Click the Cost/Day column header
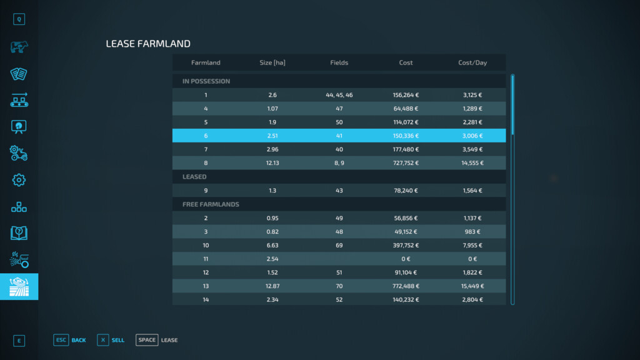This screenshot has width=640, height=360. coord(472,62)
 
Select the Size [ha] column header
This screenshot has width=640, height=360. coord(272,62)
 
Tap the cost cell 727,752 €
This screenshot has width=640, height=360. coord(406,163)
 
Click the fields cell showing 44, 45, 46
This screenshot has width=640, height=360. coord(339,95)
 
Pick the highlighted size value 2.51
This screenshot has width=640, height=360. coord(272,136)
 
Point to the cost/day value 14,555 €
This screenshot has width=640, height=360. coord(472,163)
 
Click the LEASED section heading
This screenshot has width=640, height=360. coord(194,177)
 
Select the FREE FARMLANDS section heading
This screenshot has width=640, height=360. coord(211,204)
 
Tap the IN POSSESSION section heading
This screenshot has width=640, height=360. coord(206,81)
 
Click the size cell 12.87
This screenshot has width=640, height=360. coord(272,286)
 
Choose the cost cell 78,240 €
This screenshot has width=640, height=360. coord(406,191)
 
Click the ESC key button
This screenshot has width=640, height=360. coord(61,340)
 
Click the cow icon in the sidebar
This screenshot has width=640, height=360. coord(19,47)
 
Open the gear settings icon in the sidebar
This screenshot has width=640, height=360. coord(19,180)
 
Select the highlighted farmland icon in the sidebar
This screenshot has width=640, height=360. coord(19,286)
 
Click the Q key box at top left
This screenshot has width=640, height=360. coord(19,19)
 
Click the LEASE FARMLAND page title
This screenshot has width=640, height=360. coord(148,44)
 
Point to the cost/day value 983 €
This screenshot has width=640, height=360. coord(472,232)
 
